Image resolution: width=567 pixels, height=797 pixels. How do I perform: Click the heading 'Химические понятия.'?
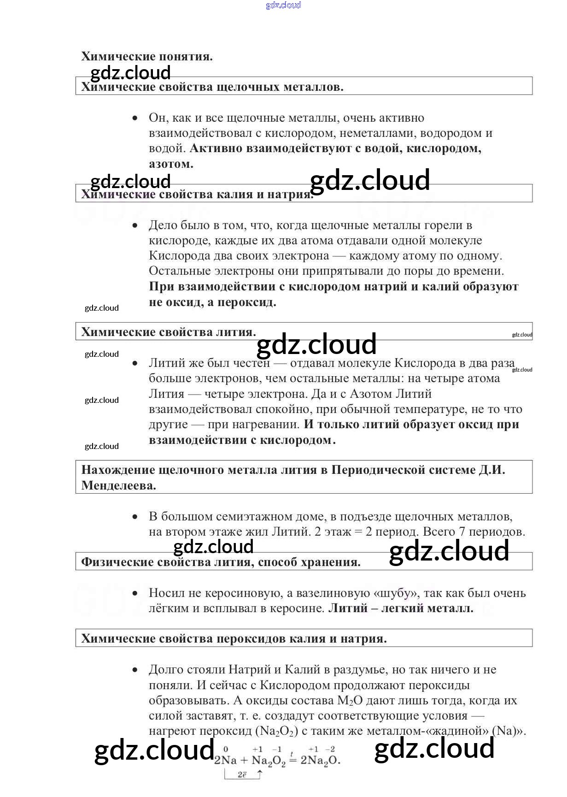147,56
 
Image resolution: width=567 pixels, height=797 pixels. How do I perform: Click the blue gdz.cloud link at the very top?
283,5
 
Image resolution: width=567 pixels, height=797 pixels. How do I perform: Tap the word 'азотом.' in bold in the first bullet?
171,164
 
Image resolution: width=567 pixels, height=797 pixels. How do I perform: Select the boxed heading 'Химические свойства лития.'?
169,332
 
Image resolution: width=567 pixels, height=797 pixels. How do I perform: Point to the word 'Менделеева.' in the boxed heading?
119,485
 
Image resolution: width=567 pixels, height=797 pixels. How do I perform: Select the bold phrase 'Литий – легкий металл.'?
401,608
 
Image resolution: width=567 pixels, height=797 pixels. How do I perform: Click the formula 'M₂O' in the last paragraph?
350,701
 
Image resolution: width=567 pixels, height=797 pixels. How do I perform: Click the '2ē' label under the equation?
242,775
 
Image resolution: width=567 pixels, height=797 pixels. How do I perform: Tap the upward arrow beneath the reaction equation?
259,774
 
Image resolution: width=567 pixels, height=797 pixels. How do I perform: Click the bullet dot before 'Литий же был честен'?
135,363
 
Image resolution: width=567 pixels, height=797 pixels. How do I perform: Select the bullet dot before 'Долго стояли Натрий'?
135,670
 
